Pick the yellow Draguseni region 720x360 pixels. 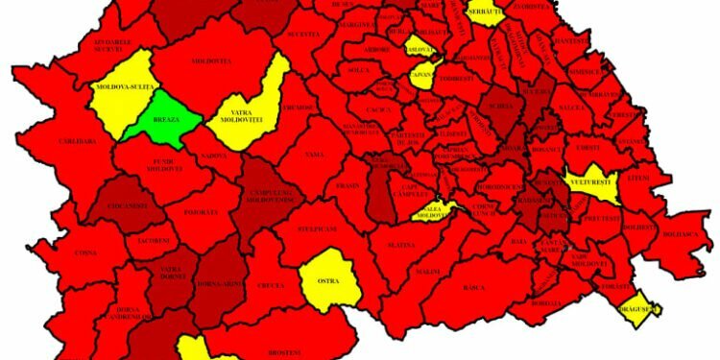tap(638, 308)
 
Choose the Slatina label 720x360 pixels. tap(402, 245)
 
